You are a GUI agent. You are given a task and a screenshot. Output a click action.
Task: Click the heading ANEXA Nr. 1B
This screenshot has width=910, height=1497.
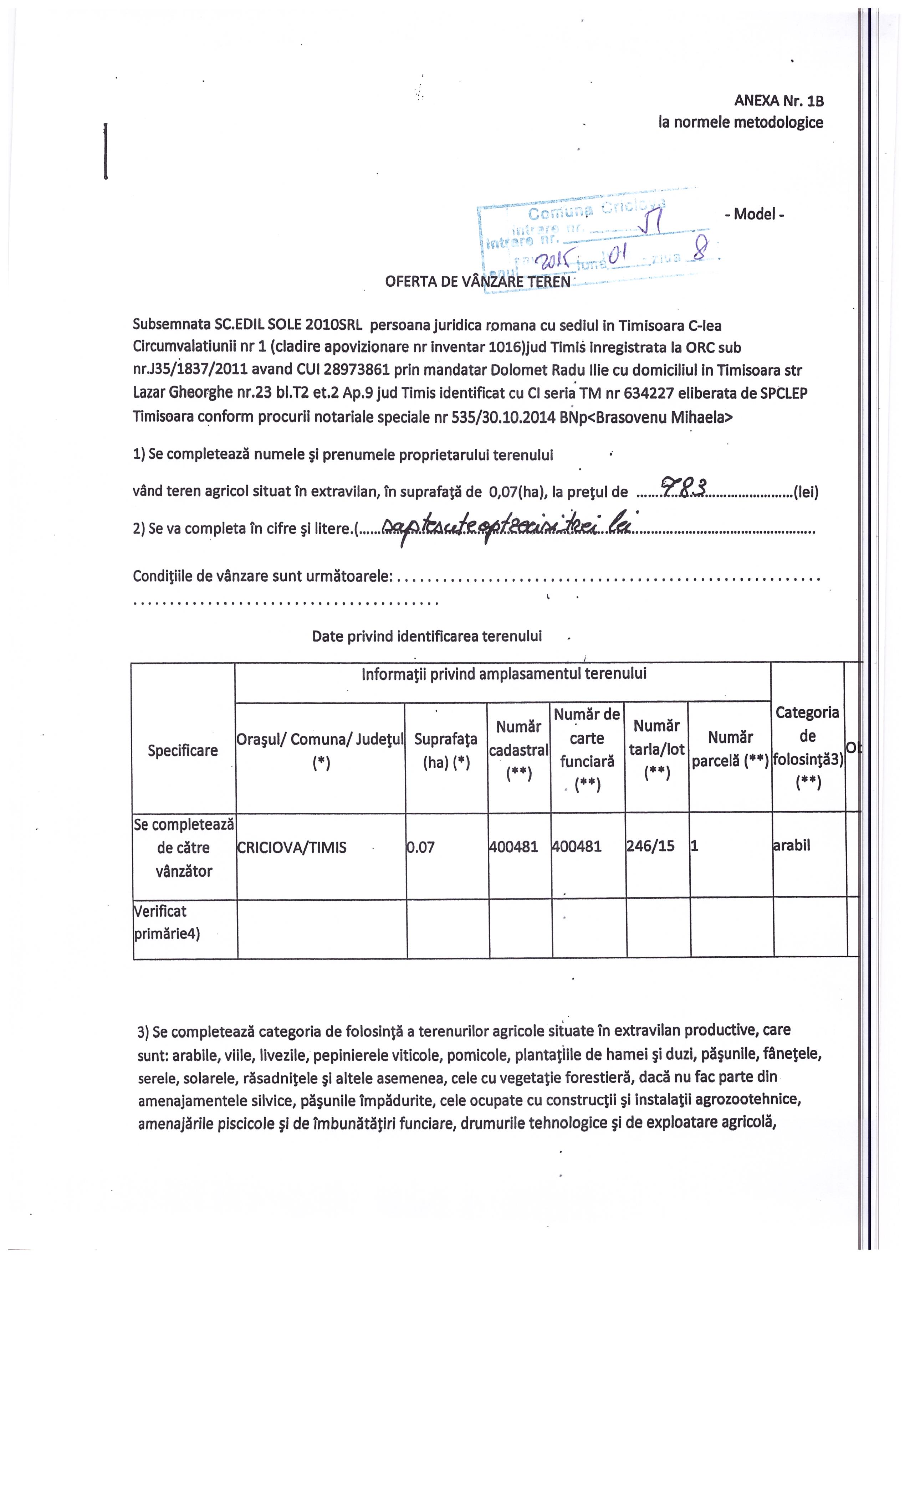coord(779,100)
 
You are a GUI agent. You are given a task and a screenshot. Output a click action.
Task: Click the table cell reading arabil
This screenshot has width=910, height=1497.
coord(792,845)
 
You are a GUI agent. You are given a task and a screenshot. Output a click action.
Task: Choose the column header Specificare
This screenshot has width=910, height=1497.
coord(183,750)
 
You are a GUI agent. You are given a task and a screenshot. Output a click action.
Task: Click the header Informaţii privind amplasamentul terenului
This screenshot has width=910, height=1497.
coord(504,674)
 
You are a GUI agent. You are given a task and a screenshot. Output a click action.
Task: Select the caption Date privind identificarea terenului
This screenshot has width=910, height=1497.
coord(427,636)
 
